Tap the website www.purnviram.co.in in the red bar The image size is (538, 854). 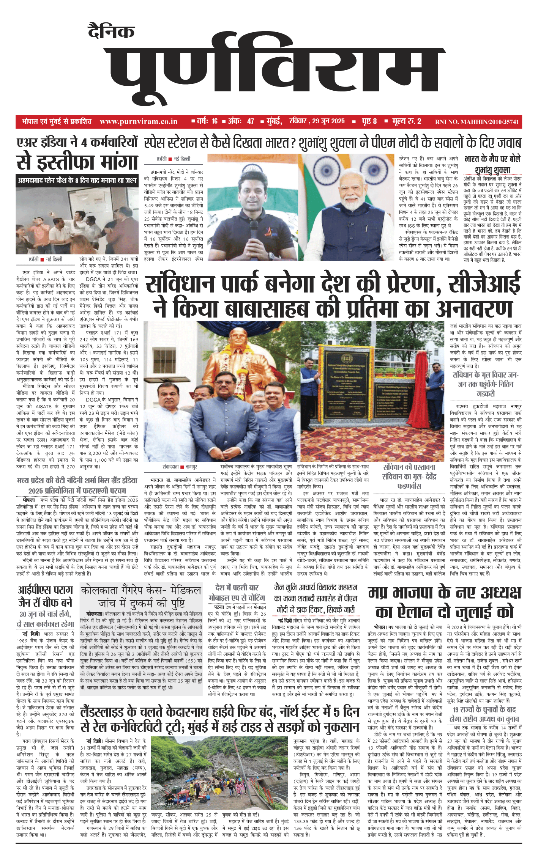(x=139, y=122)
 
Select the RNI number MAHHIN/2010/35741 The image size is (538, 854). (x=477, y=122)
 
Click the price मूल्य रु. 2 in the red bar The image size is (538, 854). (x=407, y=121)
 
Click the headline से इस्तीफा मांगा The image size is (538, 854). (x=77, y=162)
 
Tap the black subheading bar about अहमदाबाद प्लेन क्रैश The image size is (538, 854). (x=77, y=181)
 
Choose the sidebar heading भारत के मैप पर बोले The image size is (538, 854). (x=492, y=159)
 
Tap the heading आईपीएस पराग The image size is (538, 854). (x=45, y=590)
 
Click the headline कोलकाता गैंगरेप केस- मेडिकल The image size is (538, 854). (x=141, y=590)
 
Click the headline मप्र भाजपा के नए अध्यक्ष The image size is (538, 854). (x=444, y=593)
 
